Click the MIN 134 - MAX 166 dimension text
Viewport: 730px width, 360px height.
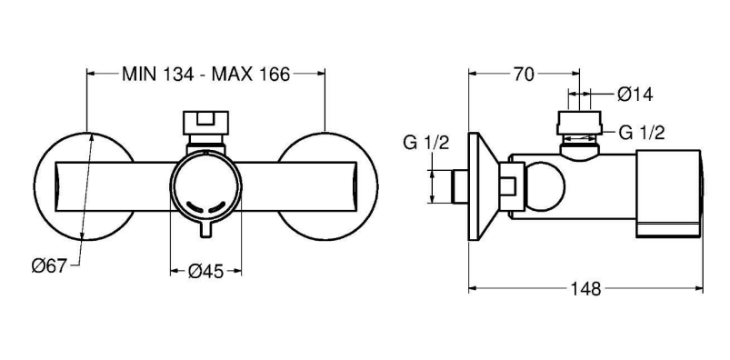coord(205,74)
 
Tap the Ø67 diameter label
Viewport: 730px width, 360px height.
coord(49,266)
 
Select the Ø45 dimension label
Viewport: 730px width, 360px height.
coord(205,271)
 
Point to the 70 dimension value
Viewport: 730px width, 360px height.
coord(524,74)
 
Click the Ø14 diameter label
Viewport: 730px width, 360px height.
coord(635,95)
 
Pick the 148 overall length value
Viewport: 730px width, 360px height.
coord(586,289)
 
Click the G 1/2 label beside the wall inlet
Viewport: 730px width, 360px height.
coord(426,143)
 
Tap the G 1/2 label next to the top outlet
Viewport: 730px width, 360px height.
coord(642,134)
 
